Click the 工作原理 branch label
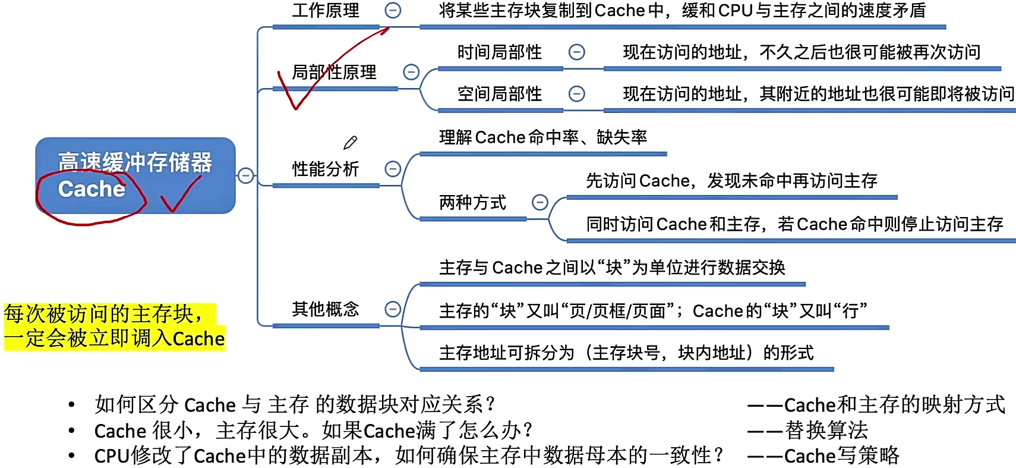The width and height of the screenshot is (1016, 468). point(326,11)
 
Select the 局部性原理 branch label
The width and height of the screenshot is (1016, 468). point(334,73)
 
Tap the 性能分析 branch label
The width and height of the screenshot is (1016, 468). point(326,169)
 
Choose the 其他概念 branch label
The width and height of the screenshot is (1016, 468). point(326,309)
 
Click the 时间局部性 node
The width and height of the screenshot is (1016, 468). point(499,52)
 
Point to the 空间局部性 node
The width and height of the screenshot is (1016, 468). point(499,94)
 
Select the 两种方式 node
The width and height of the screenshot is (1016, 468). point(472,203)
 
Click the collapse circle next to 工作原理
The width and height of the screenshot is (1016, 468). point(393,10)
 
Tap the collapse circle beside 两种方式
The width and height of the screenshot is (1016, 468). point(539,203)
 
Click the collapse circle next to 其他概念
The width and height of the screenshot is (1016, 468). point(393,309)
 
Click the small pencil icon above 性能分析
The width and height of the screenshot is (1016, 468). point(350,143)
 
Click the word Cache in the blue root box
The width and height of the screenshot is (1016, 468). point(91,189)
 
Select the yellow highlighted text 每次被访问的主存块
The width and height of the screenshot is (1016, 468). point(104,314)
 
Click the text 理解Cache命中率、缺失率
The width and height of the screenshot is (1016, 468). point(542,137)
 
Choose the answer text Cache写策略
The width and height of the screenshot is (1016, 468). point(841,456)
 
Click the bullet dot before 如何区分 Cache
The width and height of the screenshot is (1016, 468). point(72,405)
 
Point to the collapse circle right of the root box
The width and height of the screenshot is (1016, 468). point(245,175)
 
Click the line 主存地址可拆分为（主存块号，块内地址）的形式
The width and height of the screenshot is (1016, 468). point(626,353)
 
